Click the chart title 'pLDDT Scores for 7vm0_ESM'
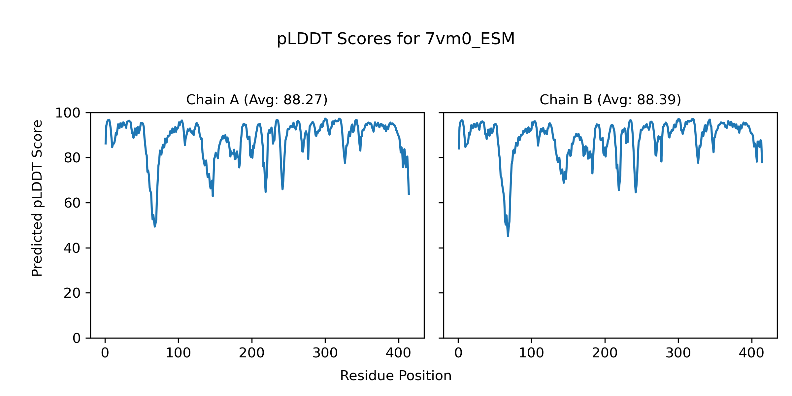[396, 39]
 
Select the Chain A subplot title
[257, 100]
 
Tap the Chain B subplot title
[610, 100]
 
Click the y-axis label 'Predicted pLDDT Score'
[37, 198]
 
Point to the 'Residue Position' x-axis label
[396, 376]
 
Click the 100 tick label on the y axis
[68, 113]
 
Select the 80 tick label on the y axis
[72, 158]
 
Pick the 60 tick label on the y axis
[72, 203]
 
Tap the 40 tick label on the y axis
[72, 248]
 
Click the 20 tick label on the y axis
[72, 293]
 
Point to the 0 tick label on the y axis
[77, 338]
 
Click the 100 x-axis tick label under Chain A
[178, 353]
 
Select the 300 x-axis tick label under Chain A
[325, 353]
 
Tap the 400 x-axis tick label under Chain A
[398, 353]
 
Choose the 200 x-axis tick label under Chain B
[605, 353]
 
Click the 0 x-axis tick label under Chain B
[458, 353]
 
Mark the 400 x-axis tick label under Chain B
[751, 353]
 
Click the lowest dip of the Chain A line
[154, 226]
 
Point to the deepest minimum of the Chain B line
[508, 236]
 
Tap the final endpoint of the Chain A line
[409, 194]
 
